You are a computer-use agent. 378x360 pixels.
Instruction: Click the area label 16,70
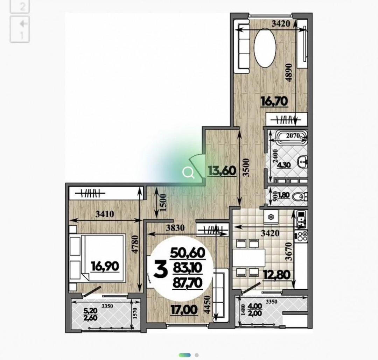(x=275, y=101)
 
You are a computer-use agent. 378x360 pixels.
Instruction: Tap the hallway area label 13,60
(x=222, y=171)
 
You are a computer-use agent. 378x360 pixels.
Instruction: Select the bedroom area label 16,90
(x=105, y=266)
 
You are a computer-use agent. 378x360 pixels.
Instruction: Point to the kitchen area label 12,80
(x=276, y=275)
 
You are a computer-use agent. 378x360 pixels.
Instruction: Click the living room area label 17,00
(x=184, y=310)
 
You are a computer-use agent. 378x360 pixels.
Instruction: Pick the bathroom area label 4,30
(x=284, y=165)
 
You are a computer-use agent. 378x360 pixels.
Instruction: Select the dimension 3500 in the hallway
(x=246, y=167)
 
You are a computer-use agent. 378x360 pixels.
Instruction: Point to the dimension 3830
(x=175, y=228)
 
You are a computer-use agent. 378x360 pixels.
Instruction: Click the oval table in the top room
(x=265, y=48)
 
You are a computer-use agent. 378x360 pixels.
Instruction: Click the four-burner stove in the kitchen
(x=301, y=236)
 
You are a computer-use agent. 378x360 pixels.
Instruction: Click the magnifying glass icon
(x=188, y=173)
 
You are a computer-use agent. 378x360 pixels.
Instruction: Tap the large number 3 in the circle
(x=161, y=269)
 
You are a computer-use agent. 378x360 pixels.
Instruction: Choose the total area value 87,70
(x=188, y=283)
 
